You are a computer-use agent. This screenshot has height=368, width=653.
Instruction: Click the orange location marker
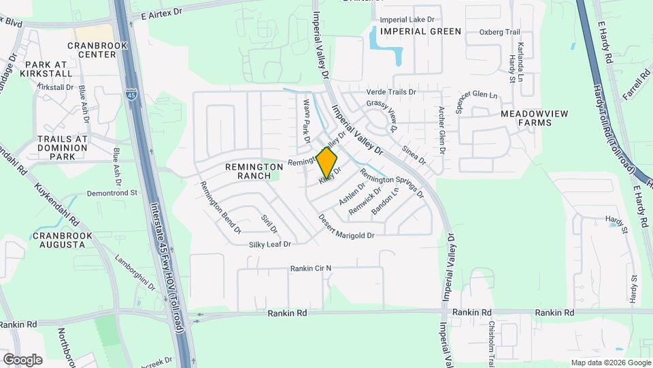326,163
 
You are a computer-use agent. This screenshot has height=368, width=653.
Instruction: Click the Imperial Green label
421,31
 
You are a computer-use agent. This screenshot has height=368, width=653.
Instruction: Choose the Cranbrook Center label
93,50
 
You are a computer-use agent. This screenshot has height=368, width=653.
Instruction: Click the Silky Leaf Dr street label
269,244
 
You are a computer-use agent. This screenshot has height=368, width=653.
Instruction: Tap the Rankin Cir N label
310,269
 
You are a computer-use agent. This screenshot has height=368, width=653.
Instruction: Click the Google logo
22,359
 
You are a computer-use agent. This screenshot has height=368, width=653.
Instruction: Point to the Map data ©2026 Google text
609,363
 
